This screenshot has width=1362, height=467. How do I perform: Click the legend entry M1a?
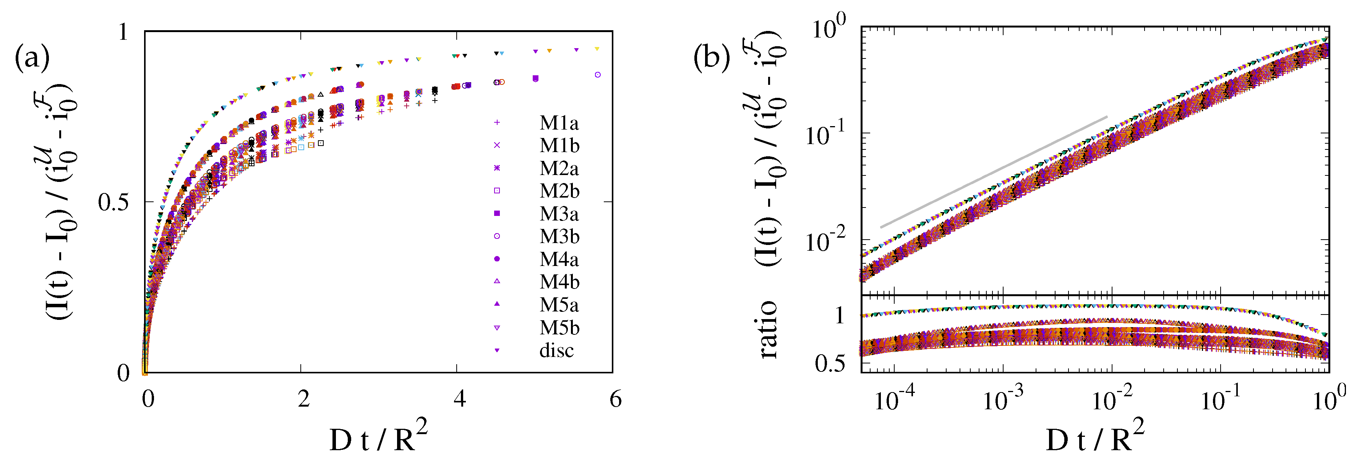click(x=559, y=123)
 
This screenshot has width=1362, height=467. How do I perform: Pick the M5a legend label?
click(x=559, y=305)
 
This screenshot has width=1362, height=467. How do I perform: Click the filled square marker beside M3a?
click(x=496, y=213)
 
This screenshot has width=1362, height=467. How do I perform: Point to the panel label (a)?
click(x=32, y=57)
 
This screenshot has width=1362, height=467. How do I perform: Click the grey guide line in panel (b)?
click(x=994, y=172)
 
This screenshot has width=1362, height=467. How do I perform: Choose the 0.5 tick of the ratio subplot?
click(x=830, y=363)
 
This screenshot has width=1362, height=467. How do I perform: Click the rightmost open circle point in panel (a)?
click(x=597, y=75)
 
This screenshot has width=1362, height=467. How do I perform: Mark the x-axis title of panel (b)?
click(x=1094, y=437)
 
